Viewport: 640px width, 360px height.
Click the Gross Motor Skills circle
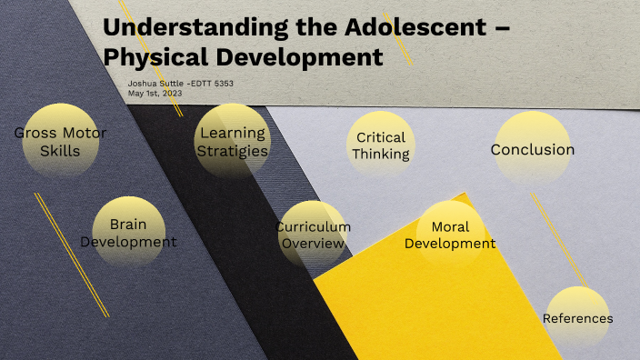(x=60, y=143)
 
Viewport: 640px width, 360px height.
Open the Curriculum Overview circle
(x=313, y=235)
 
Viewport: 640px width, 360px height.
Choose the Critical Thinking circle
(x=381, y=146)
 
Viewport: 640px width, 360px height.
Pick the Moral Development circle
(x=450, y=235)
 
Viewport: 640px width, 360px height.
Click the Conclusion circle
(x=532, y=148)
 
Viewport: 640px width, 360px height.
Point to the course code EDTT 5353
(x=216, y=84)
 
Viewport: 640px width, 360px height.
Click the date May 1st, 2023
(x=157, y=93)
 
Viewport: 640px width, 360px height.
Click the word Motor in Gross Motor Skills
(x=78, y=133)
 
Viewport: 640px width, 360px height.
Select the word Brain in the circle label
(x=128, y=224)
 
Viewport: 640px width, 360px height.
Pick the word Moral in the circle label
(x=450, y=226)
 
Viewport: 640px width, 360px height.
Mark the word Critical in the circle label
(x=381, y=137)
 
